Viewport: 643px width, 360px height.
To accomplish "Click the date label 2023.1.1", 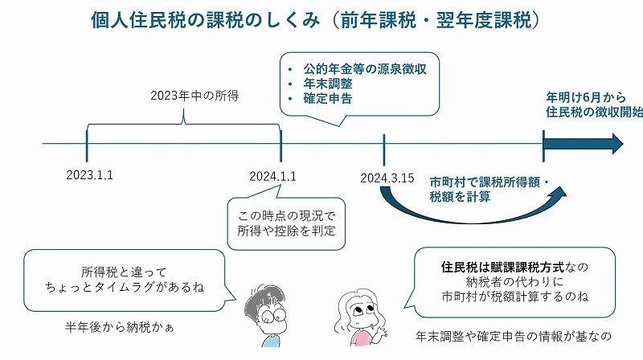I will click(x=90, y=175).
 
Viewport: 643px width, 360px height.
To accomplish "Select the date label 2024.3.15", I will click(x=387, y=178).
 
